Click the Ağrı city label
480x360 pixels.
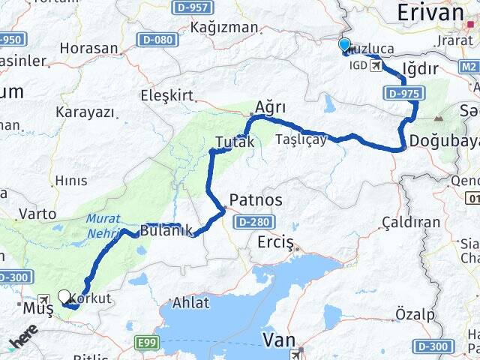click(x=271, y=107)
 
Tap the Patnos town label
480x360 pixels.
click(x=256, y=200)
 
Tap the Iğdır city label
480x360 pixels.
click(x=420, y=70)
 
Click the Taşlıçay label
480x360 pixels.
click(x=301, y=139)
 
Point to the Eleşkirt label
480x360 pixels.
click(x=166, y=95)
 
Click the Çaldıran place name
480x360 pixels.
click(x=411, y=222)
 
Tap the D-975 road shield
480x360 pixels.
click(x=404, y=94)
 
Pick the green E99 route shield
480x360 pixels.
click(x=147, y=343)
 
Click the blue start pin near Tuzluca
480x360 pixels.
click(x=345, y=46)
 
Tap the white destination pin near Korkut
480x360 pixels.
click(x=64, y=297)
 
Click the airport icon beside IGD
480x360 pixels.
click(x=375, y=65)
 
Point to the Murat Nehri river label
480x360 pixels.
click(x=103, y=226)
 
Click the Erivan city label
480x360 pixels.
click(x=430, y=12)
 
